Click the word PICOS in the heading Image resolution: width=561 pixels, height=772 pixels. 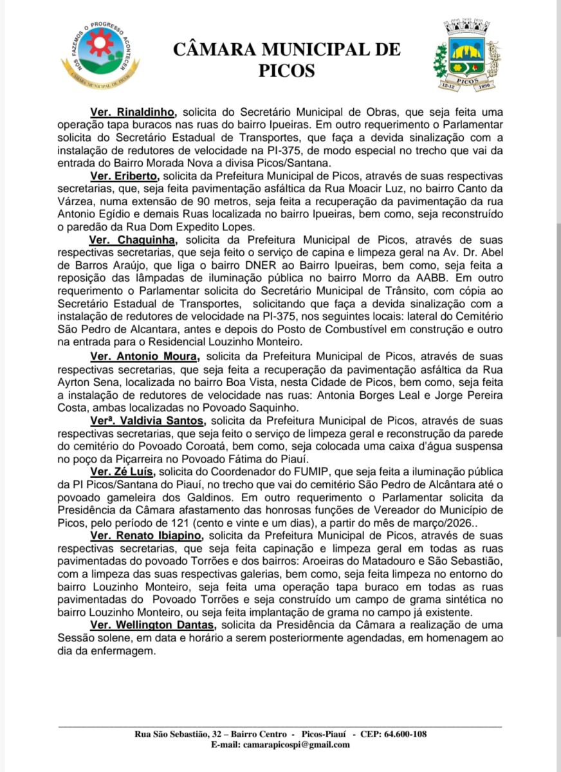(x=287, y=70)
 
